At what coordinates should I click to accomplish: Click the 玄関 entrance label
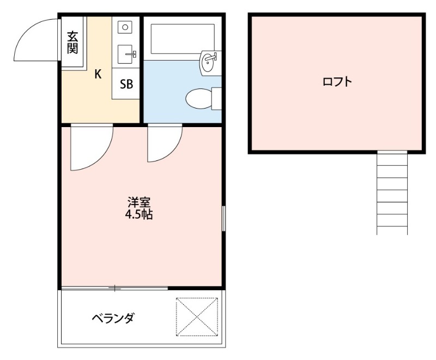(x=72, y=43)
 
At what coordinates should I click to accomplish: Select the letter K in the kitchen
(x=98, y=75)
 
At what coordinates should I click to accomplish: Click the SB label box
(x=126, y=84)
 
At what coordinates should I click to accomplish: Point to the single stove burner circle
(x=125, y=27)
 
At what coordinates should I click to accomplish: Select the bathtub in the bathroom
(x=183, y=38)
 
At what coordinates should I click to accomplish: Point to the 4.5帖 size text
(x=138, y=214)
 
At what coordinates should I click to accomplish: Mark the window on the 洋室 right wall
(x=223, y=218)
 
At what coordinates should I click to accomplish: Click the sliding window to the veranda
(x=114, y=287)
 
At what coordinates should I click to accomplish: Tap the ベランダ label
(x=113, y=319)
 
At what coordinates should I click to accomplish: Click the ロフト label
(x=336, y=82)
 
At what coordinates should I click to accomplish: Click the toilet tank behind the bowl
(x=216, y=99)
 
